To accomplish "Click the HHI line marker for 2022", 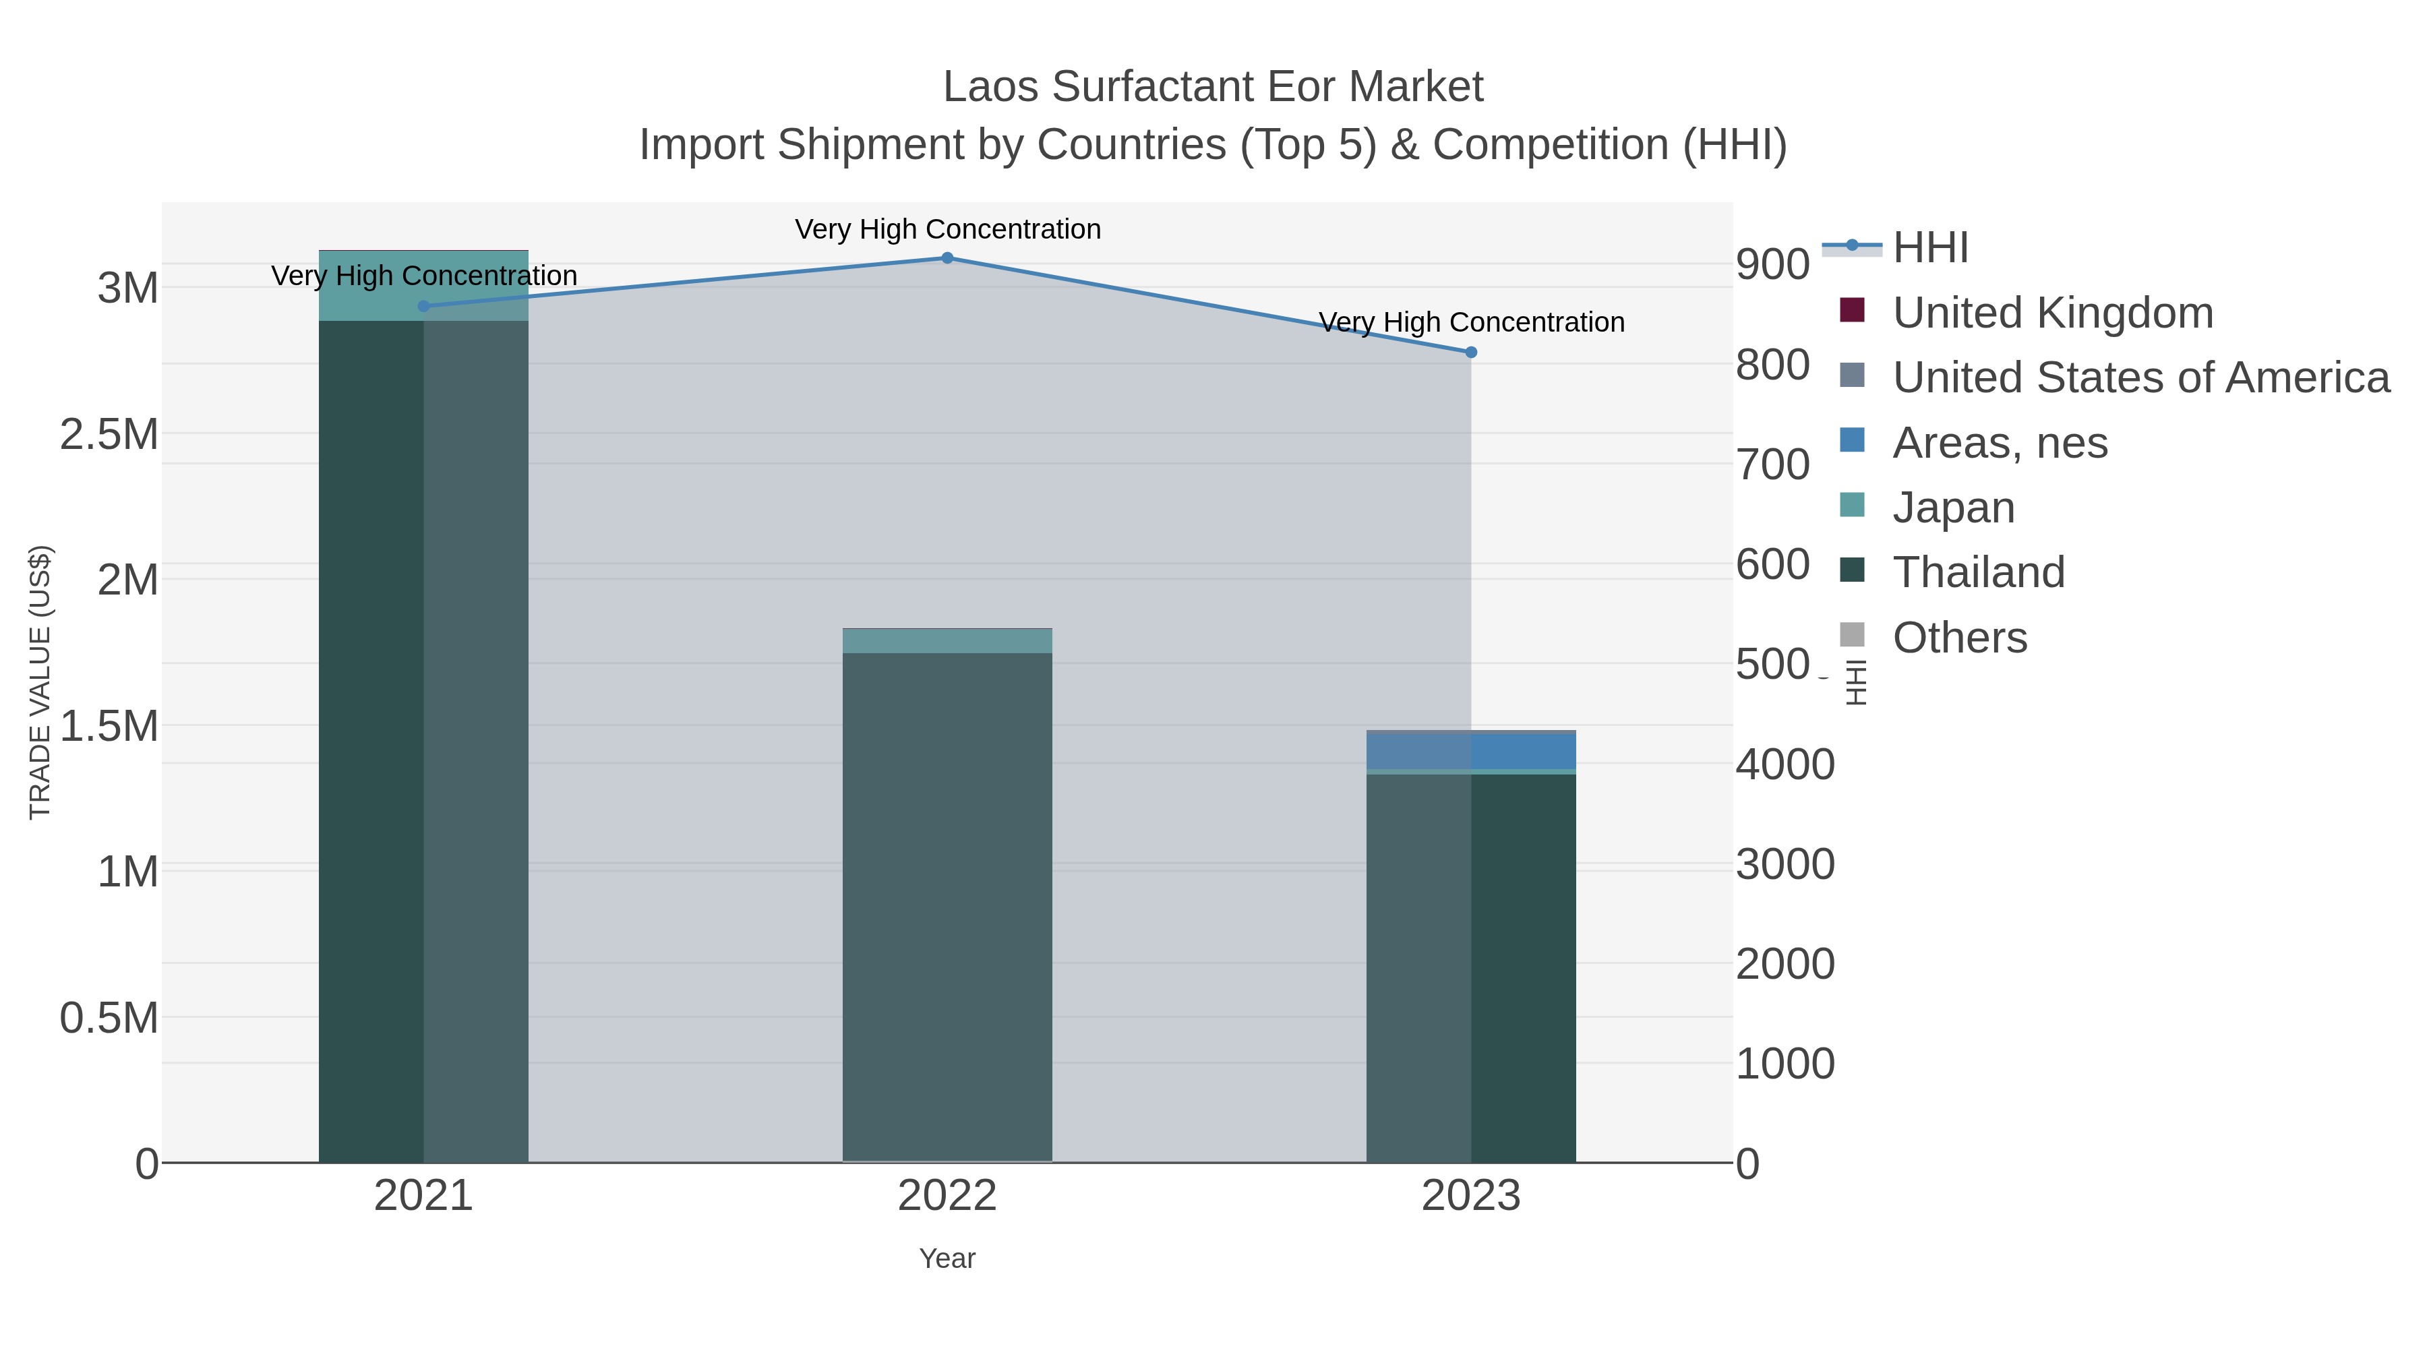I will coord(947,258).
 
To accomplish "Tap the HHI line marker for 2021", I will coord(423,306).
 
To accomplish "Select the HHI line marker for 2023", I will coord(1471,353).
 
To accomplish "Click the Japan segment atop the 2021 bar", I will coord(423,284).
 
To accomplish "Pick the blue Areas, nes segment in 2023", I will coord(1471,751).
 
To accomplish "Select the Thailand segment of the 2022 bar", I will coord(947,905).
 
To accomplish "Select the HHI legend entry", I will coord(1929,248).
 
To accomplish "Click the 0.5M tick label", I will coord(109,1019).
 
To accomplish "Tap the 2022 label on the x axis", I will coord(947,1196).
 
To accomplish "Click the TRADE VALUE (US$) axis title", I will coord(40,682).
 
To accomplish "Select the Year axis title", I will coord(947,1258).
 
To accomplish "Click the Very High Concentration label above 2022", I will coord(947,229).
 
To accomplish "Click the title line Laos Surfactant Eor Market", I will coord(1213,87).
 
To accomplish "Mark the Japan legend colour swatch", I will coord(1851,505).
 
